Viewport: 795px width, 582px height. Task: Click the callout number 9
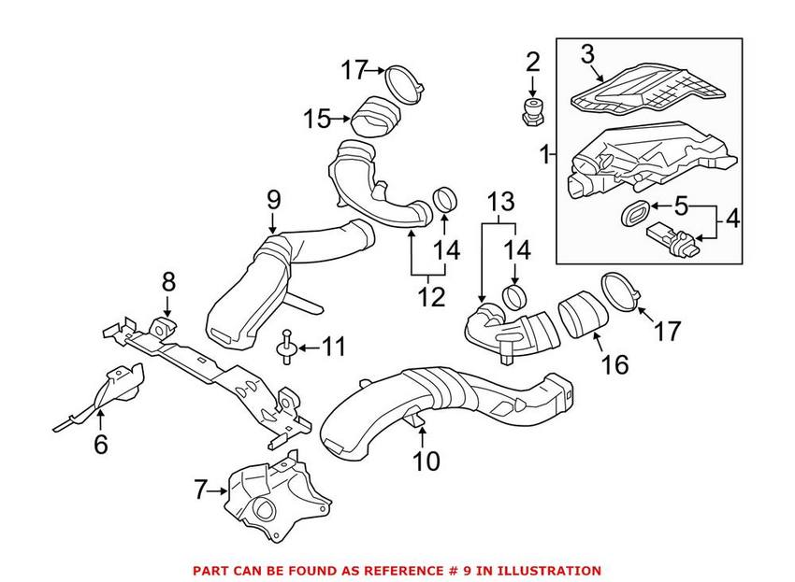coord(273,198)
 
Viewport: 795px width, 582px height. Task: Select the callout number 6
coord(100,445)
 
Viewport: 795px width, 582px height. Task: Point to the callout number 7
coord(199,489)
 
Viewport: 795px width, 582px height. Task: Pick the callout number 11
coord(332,348)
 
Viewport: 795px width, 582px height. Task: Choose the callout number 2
coord(532,64)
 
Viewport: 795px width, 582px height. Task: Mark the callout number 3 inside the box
coord(586,54)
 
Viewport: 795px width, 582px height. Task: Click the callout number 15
coord(316,119)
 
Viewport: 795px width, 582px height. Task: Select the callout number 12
coord(430,298)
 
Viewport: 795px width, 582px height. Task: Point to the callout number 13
coord(501,201)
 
